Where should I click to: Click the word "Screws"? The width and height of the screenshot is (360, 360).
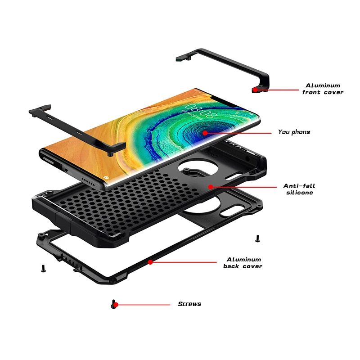[189, 304]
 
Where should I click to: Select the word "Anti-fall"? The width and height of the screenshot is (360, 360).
[298, 185]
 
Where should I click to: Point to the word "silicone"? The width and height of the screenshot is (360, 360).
[299, 193]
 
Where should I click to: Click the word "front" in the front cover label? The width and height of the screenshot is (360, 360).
[311, 92]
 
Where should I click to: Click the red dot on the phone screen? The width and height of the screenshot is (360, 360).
[205, 133]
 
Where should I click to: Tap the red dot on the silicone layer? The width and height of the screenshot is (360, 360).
[210, 185]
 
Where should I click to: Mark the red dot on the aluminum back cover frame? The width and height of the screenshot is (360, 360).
[150, 261]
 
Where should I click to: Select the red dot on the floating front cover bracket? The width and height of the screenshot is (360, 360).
[255, 90]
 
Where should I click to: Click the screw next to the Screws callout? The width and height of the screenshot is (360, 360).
[112, 304]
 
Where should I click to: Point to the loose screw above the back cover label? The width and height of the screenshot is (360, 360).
[257, 238]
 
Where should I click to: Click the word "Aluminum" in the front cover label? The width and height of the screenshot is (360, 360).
[323, 85]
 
